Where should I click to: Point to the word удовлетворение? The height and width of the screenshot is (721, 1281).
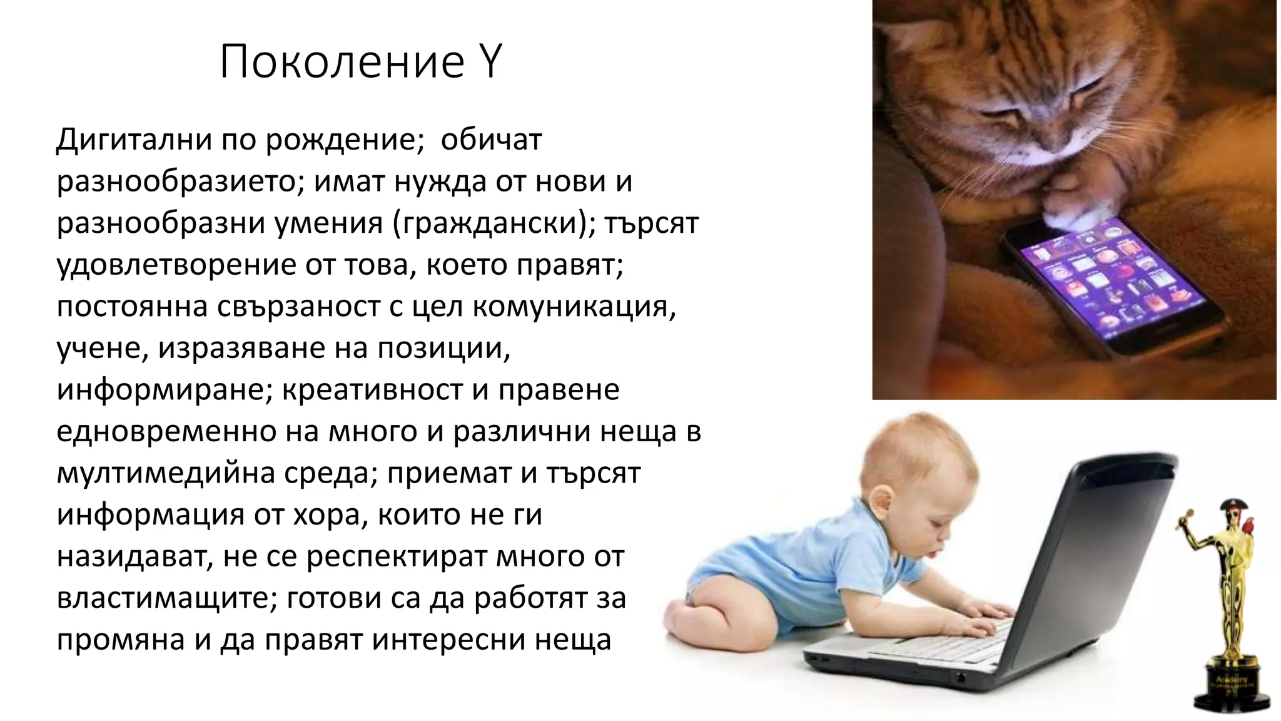pyautogui.click(x=176, y=265)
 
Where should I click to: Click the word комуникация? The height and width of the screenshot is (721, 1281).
pyautogui.click(x=574, y=307)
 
